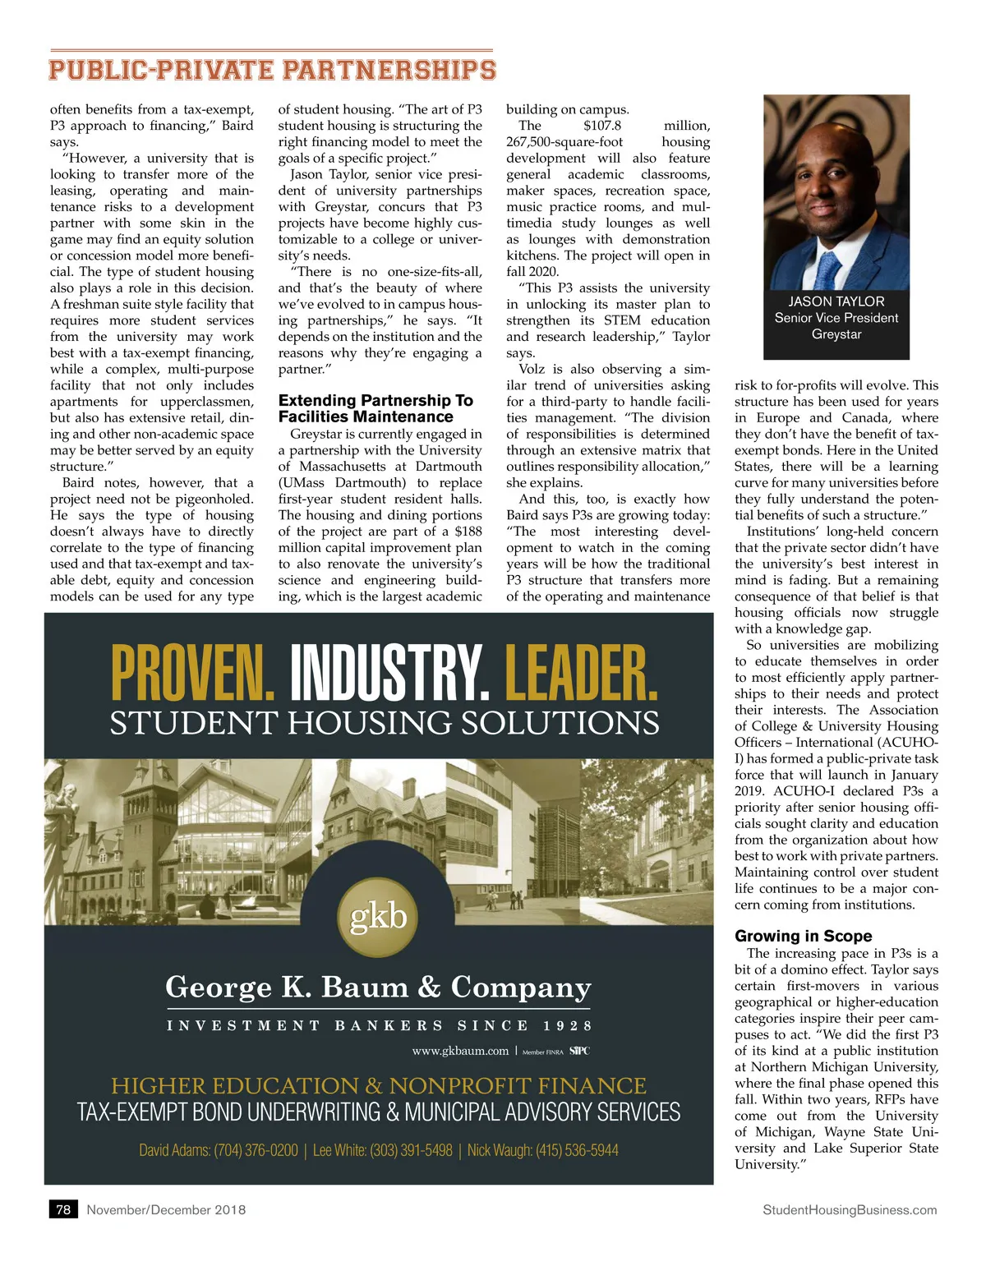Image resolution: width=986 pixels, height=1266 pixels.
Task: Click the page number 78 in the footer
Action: point(63,1209)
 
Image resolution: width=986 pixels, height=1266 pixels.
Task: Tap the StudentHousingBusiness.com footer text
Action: point(850,1209)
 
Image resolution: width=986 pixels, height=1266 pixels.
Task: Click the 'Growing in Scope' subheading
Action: point(803,936)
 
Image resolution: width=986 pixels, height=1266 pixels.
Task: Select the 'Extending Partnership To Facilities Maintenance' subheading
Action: point(376,408)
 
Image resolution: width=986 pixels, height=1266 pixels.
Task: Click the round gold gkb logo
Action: point(379,917)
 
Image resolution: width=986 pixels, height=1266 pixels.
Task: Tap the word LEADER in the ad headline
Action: point(581,674)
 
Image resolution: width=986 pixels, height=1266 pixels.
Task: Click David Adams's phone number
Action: point(256,1150)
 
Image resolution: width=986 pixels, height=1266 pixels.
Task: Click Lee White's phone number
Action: point(411,1150)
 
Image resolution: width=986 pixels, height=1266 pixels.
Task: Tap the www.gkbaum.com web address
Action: point(460,1051)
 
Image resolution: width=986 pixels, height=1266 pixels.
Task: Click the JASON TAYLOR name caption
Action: point(836,302)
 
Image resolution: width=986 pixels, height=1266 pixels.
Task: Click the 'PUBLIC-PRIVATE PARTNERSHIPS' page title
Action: point(272,70)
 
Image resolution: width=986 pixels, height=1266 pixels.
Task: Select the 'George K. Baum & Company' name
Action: point(378,987)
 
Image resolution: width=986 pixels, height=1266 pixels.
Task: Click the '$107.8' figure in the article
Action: point(602,126)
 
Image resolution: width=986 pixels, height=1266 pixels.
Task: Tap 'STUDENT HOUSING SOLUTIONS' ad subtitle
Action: point(385,723)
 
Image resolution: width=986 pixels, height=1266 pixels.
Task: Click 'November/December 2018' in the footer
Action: point(166,1209)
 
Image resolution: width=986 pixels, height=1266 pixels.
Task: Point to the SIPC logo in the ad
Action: point(579,1051)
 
